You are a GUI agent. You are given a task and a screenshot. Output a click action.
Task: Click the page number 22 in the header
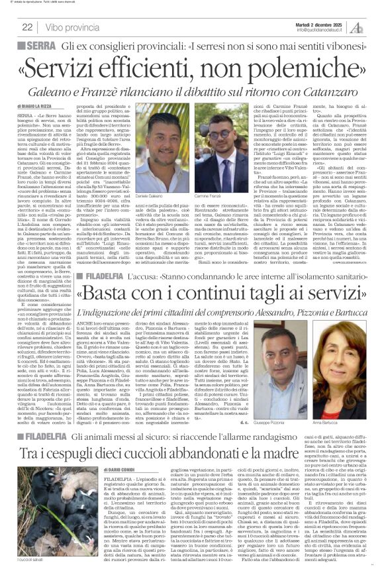27,26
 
